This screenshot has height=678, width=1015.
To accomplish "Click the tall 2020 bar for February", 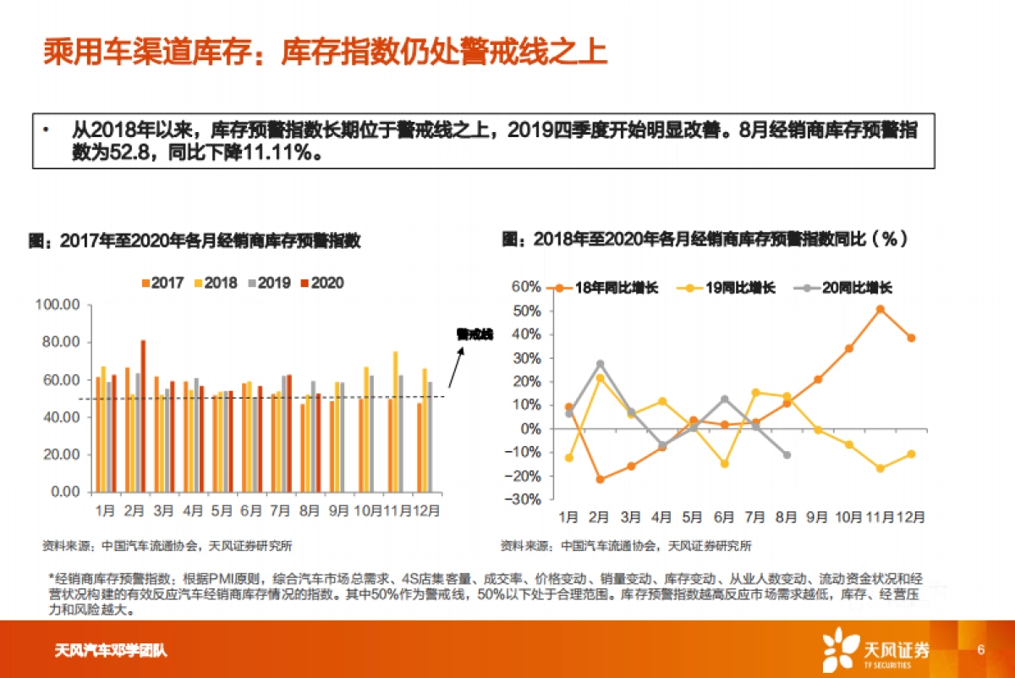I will (x=143, y=415).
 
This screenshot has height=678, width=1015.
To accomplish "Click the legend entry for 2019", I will (x=272, y=284).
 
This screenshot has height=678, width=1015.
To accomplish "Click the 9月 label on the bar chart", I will (x=337, y=510).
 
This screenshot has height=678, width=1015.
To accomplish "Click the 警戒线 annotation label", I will (x=474, y=334).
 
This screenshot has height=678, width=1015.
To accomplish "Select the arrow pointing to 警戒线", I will (x=456, y=369).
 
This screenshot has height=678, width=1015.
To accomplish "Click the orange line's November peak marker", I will (x=880, y=310).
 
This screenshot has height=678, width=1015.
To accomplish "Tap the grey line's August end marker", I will (x=787, y=455).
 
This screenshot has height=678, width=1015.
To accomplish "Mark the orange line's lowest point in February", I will (x=599, y=479).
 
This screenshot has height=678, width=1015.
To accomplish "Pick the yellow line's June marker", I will (x=724, y=464).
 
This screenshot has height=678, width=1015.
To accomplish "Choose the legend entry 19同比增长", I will (x=727, y=288).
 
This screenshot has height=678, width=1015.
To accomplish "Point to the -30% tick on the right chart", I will (x=526, y=499).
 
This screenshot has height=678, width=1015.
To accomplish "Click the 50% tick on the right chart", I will (x=526, y=311).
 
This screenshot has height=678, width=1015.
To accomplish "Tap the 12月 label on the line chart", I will (x=910, y=516).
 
